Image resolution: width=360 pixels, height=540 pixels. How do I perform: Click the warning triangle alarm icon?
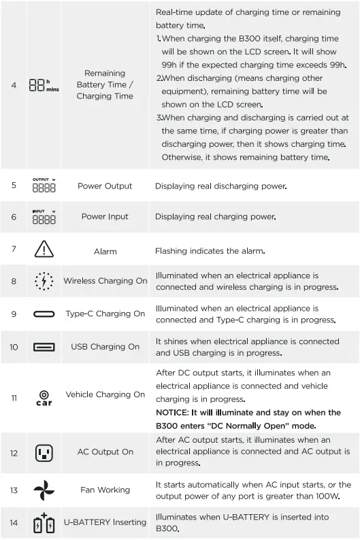click(x=44, y=250)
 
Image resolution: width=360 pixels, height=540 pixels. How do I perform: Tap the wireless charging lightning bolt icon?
click(x=44, y=281)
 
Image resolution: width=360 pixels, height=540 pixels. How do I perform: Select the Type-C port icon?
click(x=44, y=314)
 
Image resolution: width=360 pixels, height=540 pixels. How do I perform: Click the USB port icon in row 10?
click(x=44, y=347)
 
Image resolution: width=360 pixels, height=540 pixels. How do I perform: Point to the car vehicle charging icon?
click(x=44, y=397)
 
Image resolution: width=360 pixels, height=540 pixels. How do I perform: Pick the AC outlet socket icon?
click(x=44, y=452)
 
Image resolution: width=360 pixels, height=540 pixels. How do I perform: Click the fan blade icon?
click(x=44, y=490)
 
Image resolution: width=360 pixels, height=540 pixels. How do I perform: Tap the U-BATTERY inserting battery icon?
click(x=44, y=523)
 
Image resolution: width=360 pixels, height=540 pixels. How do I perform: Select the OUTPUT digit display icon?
click(x=44, y=186)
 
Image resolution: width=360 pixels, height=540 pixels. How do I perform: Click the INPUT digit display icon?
click(x=44, y=217)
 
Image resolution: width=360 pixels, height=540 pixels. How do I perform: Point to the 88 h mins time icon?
click(x=44, y=86)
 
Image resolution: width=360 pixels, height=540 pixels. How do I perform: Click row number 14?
click(x=14, y=522)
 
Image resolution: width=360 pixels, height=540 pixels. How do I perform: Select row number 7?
click(x=14, y=249)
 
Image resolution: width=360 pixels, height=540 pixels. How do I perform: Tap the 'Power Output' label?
click(x=105, y=186)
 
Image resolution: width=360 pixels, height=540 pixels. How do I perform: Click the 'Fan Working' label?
click(x=105, y=490)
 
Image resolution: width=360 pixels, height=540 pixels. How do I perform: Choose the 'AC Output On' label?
click(x=105, y=452)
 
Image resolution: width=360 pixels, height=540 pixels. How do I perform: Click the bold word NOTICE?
click(x=172, y=413)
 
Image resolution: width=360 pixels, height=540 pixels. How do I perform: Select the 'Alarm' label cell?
click(x=105, y=252)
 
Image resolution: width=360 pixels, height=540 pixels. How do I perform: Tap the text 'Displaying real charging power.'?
click(x=215, y=217)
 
